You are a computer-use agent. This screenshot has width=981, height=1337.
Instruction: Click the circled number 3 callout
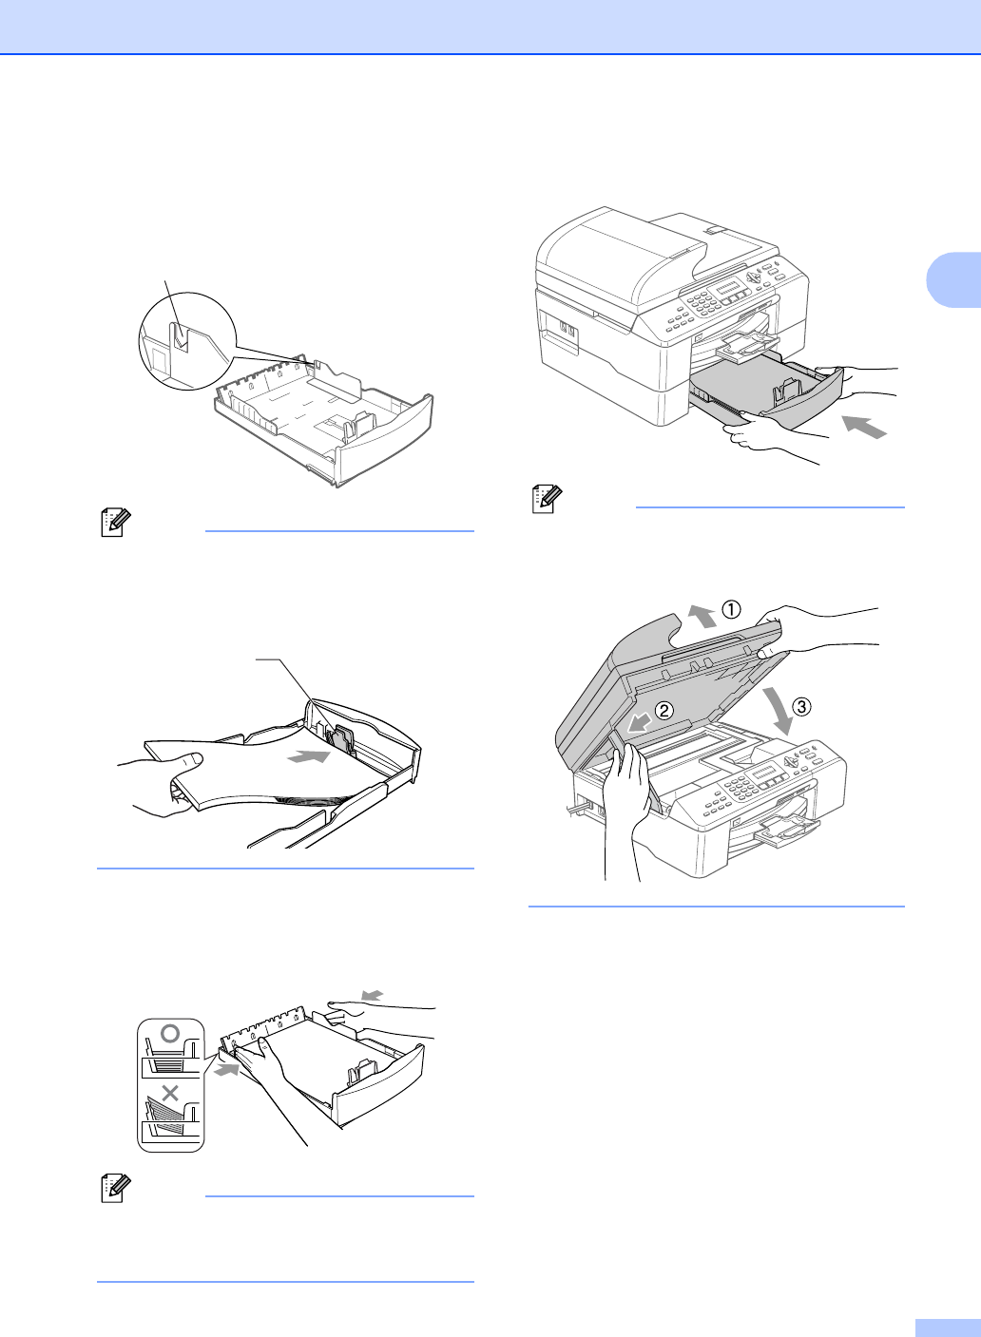pyautogui.click(x=801, y=707)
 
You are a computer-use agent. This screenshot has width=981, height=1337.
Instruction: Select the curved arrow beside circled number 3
pyautogui.click(x=779, y=710)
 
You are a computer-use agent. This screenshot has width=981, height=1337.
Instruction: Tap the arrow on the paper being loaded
pyautogui.click(x=308, y=756)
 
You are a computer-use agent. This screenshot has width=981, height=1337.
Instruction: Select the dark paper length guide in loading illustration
pyautogui.click(x=341, y=742)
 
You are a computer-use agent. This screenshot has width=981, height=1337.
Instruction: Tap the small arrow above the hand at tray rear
pyautogui.click(x=373, y=994)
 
